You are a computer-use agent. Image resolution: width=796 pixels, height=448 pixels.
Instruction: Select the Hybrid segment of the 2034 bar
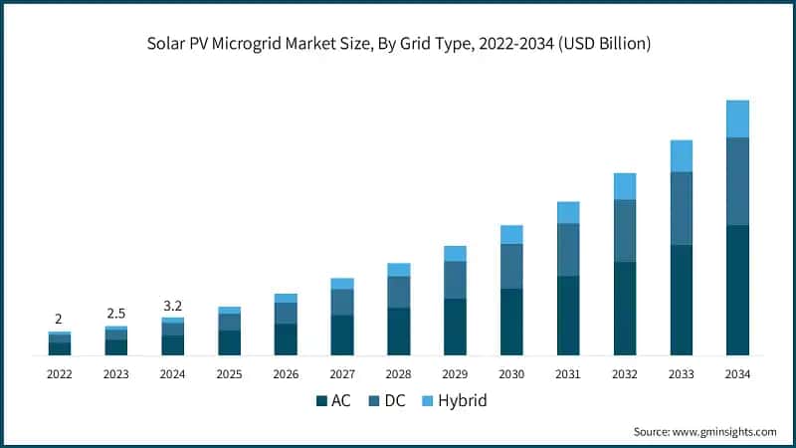(737, 118)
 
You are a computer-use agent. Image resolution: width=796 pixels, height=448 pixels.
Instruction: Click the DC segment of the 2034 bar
(737, 181)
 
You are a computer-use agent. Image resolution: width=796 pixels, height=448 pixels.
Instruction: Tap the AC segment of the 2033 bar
(681, 300)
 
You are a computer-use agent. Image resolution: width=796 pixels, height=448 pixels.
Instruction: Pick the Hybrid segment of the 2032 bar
(624, 186)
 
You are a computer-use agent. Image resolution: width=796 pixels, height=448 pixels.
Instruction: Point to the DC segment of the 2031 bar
(568, 250)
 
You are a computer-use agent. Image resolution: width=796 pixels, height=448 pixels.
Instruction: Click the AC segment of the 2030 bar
(511, 322)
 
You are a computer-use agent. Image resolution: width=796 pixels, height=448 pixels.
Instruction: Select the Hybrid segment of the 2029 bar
(455, 254)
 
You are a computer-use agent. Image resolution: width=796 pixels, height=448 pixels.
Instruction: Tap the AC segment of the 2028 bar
(398, 332)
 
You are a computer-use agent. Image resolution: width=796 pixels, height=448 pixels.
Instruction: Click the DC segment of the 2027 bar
(342, 302)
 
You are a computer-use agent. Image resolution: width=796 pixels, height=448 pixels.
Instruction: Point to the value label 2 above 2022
(59, 320)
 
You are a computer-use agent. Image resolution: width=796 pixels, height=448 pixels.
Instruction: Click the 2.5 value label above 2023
(115, 314)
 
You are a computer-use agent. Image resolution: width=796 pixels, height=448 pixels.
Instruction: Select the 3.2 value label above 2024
(172, 306)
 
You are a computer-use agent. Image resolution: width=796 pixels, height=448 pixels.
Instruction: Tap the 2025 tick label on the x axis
(229, 374)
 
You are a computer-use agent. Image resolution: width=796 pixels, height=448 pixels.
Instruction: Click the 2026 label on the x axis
(286, 374)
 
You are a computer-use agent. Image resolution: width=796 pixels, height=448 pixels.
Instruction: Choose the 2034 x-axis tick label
(737, 374)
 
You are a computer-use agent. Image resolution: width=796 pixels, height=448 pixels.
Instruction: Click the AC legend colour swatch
(321, 401)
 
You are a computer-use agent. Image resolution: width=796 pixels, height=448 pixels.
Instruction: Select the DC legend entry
(389, 401)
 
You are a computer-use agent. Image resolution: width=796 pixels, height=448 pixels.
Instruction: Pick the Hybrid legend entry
(454, 401)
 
